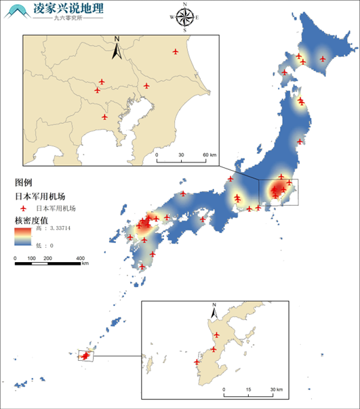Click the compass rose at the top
(x=184, y=18)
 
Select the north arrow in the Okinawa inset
(x=214, y=311)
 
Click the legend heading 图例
(x=23, y=182)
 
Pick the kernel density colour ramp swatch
(x=22, y=236)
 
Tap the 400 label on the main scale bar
(x=80, y=259)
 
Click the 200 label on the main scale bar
(x=47, y=259)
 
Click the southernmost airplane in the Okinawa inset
(x=197, y=362)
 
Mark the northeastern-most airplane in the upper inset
(x=176, y=51)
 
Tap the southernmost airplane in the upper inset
(x=104, y=116)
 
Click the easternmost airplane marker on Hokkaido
(x=322, y=59)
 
